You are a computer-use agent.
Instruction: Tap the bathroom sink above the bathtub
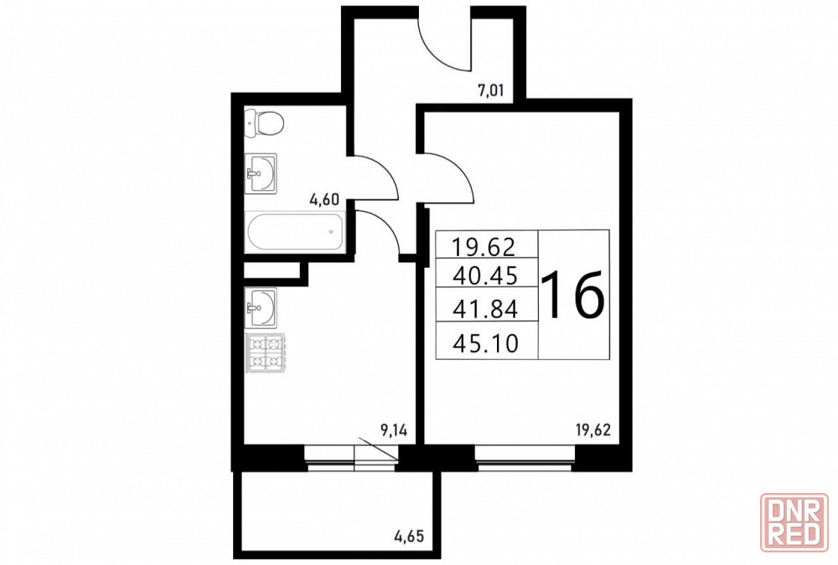(261, 173)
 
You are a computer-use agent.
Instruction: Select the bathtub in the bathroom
(294, 233)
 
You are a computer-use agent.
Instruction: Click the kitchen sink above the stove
(261, 307)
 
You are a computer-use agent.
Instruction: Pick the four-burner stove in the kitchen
(265, 352)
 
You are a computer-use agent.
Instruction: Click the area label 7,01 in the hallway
(490, 90)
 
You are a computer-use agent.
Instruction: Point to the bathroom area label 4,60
(324, 200)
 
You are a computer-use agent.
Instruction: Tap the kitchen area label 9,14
(393, 430)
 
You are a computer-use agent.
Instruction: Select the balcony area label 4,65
(409, 535)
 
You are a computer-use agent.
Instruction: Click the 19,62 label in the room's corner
(593, 430)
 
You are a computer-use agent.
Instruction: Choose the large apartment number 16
(574, 295)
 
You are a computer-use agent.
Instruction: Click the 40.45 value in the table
(485, 276)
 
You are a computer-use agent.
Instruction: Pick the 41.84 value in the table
(485, 309)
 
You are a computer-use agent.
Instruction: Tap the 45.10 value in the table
(485, 343)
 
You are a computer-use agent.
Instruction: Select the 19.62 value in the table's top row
(484, 247)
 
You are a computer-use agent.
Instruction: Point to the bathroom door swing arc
(385, 170)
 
